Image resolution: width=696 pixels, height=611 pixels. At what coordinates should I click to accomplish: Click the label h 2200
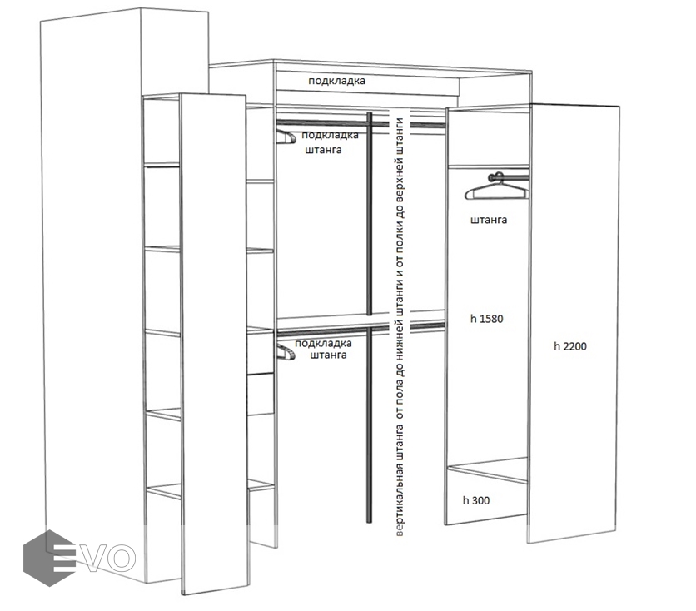[570, 346]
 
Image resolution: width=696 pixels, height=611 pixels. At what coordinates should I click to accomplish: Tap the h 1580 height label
[486, 319]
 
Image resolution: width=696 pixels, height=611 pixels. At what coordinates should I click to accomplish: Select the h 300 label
[476, 500]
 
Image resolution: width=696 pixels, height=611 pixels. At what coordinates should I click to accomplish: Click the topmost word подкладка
[337, 81]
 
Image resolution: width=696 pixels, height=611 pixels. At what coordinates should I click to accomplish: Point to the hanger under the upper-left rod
[286, 136]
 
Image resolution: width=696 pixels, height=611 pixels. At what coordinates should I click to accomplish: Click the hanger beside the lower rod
[286, 352]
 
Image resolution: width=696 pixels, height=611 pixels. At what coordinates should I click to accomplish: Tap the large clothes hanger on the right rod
[497, 187]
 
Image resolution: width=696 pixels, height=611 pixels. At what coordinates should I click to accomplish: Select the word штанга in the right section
[489, 220]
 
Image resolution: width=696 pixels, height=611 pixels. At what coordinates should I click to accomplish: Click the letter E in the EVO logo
[62, 558]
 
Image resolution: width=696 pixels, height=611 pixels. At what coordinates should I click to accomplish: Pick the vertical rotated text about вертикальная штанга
[400, 327]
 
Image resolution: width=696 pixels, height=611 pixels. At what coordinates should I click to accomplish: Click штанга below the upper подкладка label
[324, 150]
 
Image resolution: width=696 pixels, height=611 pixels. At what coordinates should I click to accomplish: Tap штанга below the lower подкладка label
[328, 355]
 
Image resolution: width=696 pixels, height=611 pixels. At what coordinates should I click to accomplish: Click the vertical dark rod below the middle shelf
[369, 425]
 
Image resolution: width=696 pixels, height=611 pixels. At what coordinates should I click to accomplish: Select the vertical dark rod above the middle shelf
[369, 214]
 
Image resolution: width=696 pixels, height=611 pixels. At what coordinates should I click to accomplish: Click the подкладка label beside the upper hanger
[331, 135]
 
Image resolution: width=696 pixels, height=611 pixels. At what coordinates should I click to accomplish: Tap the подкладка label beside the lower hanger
[323, 344]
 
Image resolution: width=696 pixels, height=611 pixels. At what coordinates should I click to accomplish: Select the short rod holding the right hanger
[510, 178]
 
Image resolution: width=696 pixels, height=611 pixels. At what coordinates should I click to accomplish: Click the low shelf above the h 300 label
[487, 470]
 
